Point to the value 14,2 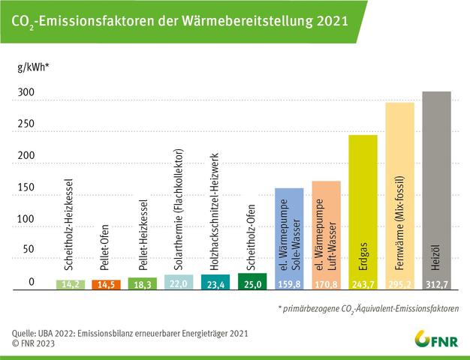coord(70,285)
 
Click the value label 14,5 coord(106,285)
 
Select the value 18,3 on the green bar coord(143,285)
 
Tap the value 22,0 coord(179,285)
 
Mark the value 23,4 coord(215,285)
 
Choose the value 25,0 coord(252,285)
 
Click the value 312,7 coord(436,285)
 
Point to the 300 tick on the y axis coord(26,92)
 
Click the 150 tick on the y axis coord(26,187)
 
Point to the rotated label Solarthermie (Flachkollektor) coord(179,217)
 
